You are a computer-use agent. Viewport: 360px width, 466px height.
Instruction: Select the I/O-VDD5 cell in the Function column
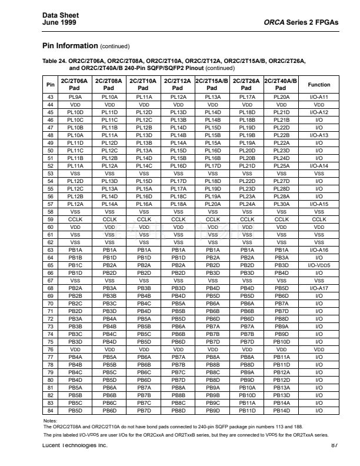point(319,265)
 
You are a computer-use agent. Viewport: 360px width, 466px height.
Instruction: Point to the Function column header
point(319,84)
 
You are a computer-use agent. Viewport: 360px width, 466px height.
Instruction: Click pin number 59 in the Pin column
point(50,219)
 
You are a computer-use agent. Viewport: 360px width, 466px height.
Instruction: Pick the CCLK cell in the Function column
point(319,219)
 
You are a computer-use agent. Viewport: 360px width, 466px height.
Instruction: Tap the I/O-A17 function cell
point(319,288)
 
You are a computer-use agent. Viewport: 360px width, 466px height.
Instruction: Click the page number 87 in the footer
point(334,445)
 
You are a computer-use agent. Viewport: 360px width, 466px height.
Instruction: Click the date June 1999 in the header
point(59,22)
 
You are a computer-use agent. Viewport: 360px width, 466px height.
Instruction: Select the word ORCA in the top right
point(275,22)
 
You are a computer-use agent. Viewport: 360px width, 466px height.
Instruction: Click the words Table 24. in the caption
point(55,61)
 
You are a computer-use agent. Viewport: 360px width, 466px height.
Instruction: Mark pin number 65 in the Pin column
point(50,265)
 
